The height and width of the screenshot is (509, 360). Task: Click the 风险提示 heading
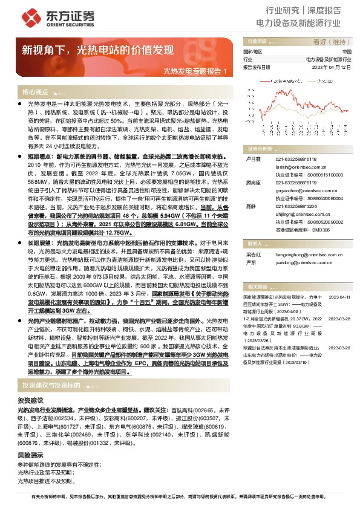[x=30, y=455]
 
